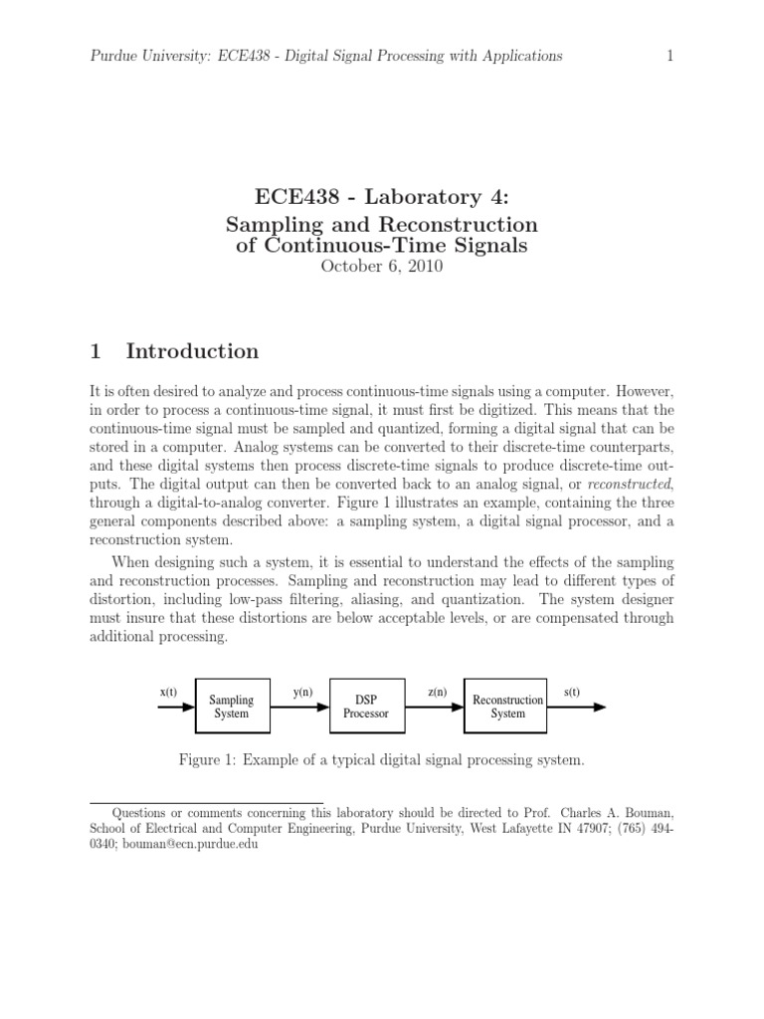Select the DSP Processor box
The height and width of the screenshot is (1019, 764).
[x=366, y=707]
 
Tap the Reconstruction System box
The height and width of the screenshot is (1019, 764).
[x=507, y=707]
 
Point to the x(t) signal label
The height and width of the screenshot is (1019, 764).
[x=168, y=691]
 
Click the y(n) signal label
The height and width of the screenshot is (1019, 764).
[x=303, y=691]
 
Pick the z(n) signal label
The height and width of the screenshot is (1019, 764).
[x=437, y=691]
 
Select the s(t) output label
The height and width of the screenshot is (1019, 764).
[x=574, y=691]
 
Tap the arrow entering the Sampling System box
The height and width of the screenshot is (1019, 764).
[x=177, y=708]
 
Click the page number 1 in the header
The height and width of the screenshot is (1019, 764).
[x=669, y=56]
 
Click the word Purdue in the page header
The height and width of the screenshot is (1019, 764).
[x=109, y=56]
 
